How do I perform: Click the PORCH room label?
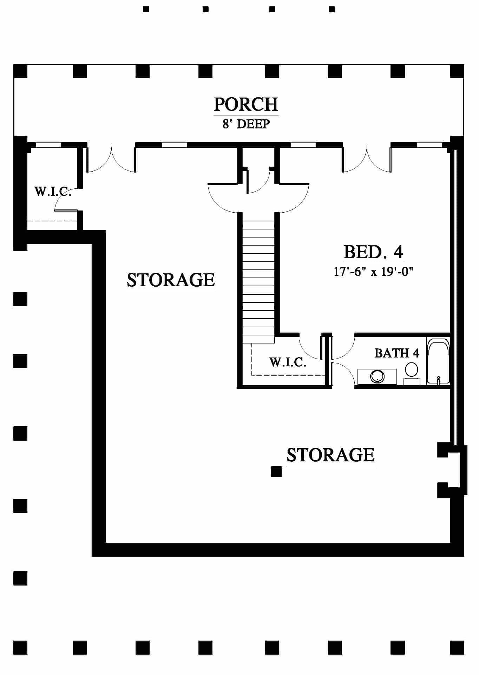click(x=246, y=104)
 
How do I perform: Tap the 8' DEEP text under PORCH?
click(x=246, y=124)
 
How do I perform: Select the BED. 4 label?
click(x=373, y=252)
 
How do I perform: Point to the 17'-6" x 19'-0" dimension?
click(x=373, y=272)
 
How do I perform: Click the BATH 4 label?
click(x=397, y=353)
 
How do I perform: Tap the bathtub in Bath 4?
click(x=438, y=361)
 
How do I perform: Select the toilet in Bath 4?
click(x=411, y=373)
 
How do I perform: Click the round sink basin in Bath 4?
click(x=377, y=376)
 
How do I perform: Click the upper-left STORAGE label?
click(x=171, y=280)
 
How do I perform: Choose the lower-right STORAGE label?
click(x=330, y=455)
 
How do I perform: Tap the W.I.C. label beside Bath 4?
click(x=288, y=362)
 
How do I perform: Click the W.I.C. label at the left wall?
click(x=53, y=192)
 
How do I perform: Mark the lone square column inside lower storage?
click(x=276, y=472)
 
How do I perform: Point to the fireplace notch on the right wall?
click(x=452, y=470)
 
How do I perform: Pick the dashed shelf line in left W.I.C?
click(x=52, y=221)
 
